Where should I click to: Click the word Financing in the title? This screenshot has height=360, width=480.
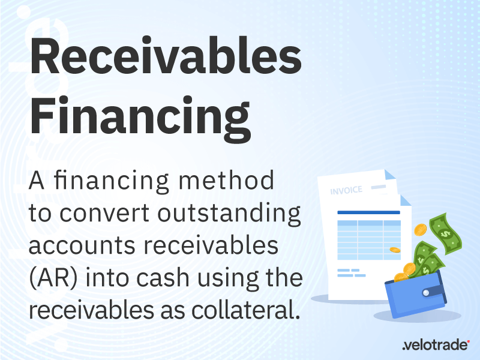(140, 118)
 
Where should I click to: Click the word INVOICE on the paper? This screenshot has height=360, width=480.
(346, 191)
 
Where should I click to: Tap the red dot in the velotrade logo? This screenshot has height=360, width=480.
(469, 340)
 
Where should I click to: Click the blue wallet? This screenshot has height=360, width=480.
(419, 297)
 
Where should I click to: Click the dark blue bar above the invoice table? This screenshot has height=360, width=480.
(368, 212)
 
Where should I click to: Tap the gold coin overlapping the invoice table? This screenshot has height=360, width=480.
(395, 249)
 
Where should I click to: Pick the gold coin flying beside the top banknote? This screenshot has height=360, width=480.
(421, 229)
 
